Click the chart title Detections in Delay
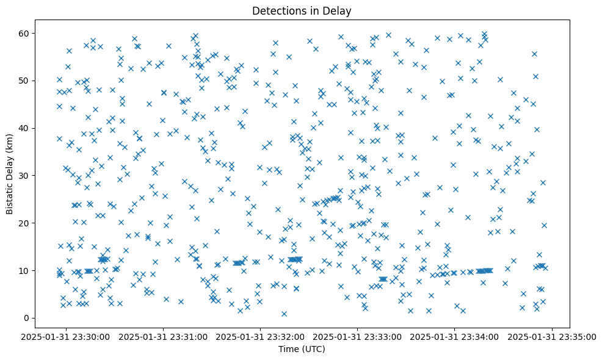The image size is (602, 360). point(302,10)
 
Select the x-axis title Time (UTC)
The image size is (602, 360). point(302,349)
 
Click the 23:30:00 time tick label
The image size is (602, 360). point(66,336)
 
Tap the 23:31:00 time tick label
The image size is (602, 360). point(164,336)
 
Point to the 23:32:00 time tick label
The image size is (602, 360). point(261,336)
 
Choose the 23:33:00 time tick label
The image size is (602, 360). point(358,336)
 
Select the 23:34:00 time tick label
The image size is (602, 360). point(455,336)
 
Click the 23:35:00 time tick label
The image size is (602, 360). point(553,336)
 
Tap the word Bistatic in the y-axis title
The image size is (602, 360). point(10,193)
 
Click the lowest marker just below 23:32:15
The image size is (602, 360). point(284,314)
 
